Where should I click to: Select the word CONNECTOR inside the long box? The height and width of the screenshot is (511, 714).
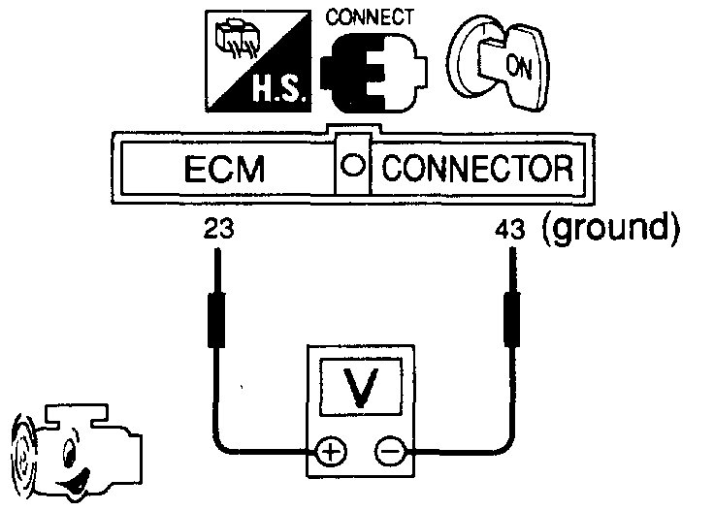coord(476,170)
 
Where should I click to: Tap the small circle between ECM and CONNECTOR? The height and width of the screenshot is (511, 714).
coord(355,168)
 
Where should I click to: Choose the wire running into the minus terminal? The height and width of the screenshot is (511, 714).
coord(466,448)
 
